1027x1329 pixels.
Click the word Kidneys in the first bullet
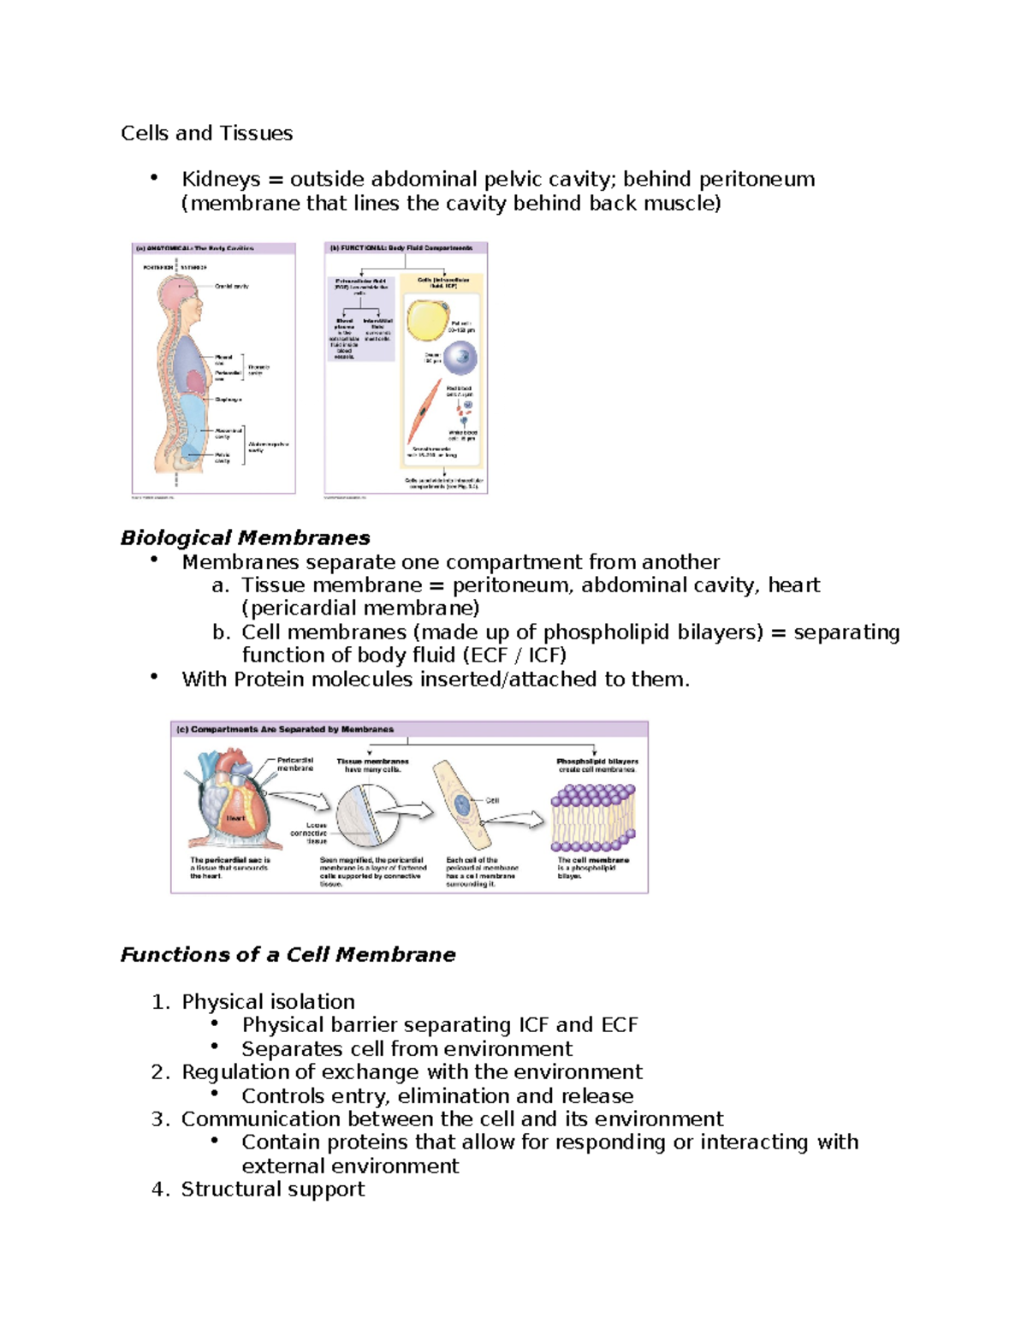point(221,179)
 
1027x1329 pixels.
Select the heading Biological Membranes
point(245,537)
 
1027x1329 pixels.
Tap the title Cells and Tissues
point(206,133)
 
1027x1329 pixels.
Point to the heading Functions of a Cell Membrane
point(288,954)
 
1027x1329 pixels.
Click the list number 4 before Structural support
point(158,1189)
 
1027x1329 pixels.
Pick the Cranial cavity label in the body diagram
point(231,287)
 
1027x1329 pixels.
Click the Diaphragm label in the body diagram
point(229,400)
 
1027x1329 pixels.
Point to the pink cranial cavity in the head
point(177,291)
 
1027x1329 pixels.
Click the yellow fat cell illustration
point(425,320)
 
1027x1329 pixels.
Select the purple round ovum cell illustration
point(460,358)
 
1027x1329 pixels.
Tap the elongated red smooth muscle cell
point(425,411)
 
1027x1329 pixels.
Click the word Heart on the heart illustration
point(235,818)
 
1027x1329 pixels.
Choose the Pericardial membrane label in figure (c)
point(295,764)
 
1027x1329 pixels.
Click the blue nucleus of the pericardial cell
point(462,804)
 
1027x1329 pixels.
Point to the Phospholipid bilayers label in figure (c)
point(597,764)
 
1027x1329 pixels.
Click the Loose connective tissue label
point(310,833)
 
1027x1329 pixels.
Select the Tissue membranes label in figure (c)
point(372,764)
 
